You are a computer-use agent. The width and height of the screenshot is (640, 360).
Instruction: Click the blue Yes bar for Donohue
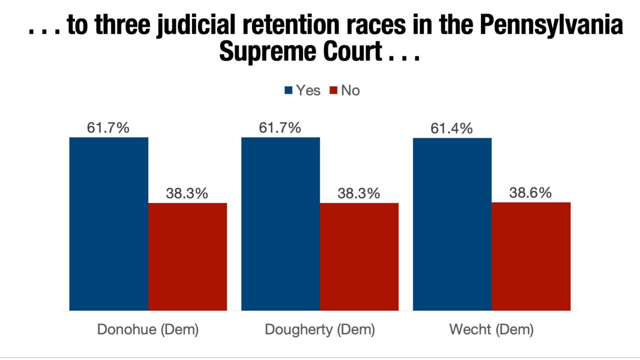click(x=108, y=223)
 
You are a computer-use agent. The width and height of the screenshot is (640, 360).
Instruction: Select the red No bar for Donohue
click(x=187, y=256)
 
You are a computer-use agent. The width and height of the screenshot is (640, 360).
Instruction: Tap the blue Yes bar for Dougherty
click(x=280, y=223)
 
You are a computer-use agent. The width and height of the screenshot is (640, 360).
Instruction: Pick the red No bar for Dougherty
click(x=359, y=256)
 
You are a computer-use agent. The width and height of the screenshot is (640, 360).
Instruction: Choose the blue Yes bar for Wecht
click(x=452, y=224)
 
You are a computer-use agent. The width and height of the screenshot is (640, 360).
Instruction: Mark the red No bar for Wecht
click(x=531, y=256)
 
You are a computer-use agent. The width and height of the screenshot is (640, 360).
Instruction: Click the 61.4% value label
click(x=451, y=128)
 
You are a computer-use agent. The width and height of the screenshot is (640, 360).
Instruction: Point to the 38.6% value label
click(x=530, y=193)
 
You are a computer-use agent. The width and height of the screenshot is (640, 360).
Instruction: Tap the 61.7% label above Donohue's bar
click(x=108, y=128)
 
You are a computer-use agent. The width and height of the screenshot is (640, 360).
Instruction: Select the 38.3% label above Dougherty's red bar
click(x=358, y=193)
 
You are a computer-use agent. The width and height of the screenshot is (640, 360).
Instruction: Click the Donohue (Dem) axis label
click(x=147, y=330)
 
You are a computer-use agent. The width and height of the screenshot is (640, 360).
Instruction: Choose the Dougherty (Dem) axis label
click(x=319, y=330)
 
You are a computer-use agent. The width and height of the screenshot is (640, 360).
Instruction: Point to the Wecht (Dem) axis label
click(x=491, y=330)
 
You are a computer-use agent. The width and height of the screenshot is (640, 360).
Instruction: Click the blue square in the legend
click(x=288, y=90)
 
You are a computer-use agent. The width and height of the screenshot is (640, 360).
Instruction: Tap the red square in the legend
click(x=333, y=90)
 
